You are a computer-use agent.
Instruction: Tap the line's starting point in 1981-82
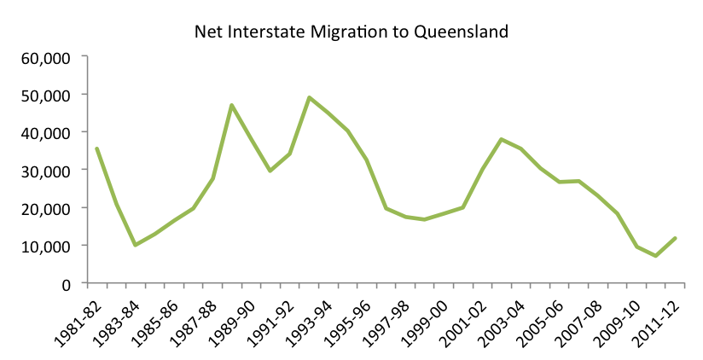[x=96, y=148]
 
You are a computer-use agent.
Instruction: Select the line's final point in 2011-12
[x=676, y=238]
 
